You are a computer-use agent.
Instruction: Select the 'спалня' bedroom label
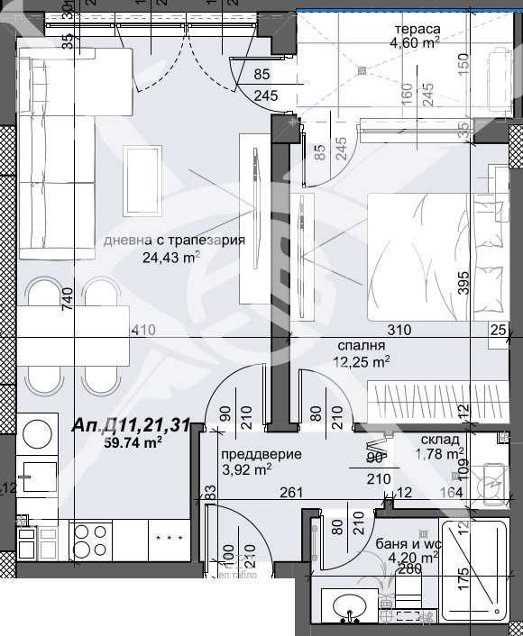click(x=362, y=345)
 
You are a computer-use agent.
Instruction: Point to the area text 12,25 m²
click(x=362, y=361)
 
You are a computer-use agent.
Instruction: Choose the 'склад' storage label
click(x=441, y=440)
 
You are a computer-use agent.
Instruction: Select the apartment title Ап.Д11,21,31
click(x=130, y=425)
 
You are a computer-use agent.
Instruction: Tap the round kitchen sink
click(x=37, y=435)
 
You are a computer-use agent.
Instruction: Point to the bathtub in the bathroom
click(x=477, y=568)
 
